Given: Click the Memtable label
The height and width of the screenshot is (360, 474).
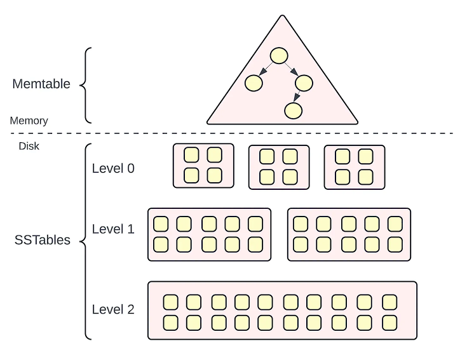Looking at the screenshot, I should coord(41,84).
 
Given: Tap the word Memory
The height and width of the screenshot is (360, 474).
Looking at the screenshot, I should coord(29,121).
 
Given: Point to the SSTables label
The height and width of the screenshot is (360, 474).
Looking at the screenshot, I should coord(42,241).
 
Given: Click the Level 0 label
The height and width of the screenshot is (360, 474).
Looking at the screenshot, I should coord(113,168).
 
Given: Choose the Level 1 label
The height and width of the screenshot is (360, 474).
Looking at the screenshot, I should coord(113,229).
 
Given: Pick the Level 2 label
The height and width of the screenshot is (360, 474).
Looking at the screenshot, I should coord(113,309).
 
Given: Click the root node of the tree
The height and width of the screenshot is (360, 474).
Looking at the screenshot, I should coord(279,56).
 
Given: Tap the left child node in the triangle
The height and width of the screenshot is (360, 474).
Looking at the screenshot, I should coord(254,83).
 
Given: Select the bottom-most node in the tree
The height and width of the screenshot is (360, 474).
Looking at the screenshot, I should coord(292,110).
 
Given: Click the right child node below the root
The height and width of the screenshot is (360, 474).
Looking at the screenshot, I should coord(304,83).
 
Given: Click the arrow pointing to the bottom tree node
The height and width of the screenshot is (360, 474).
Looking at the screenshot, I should coord(298,97).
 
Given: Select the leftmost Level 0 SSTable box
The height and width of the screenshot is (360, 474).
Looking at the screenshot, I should coord(203,165).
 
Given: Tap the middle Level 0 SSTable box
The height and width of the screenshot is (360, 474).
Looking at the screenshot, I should coord(278,167).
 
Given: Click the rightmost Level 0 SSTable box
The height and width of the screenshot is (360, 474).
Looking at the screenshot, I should coord(354,167).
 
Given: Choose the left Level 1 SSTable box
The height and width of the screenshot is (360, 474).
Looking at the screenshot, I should coord(209,234).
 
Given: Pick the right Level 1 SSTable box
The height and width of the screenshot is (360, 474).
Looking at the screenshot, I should coord(349,234).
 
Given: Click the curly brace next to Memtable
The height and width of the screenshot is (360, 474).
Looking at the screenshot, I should coord(87,85).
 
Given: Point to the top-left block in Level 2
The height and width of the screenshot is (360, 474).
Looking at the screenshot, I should coord(170,301).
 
